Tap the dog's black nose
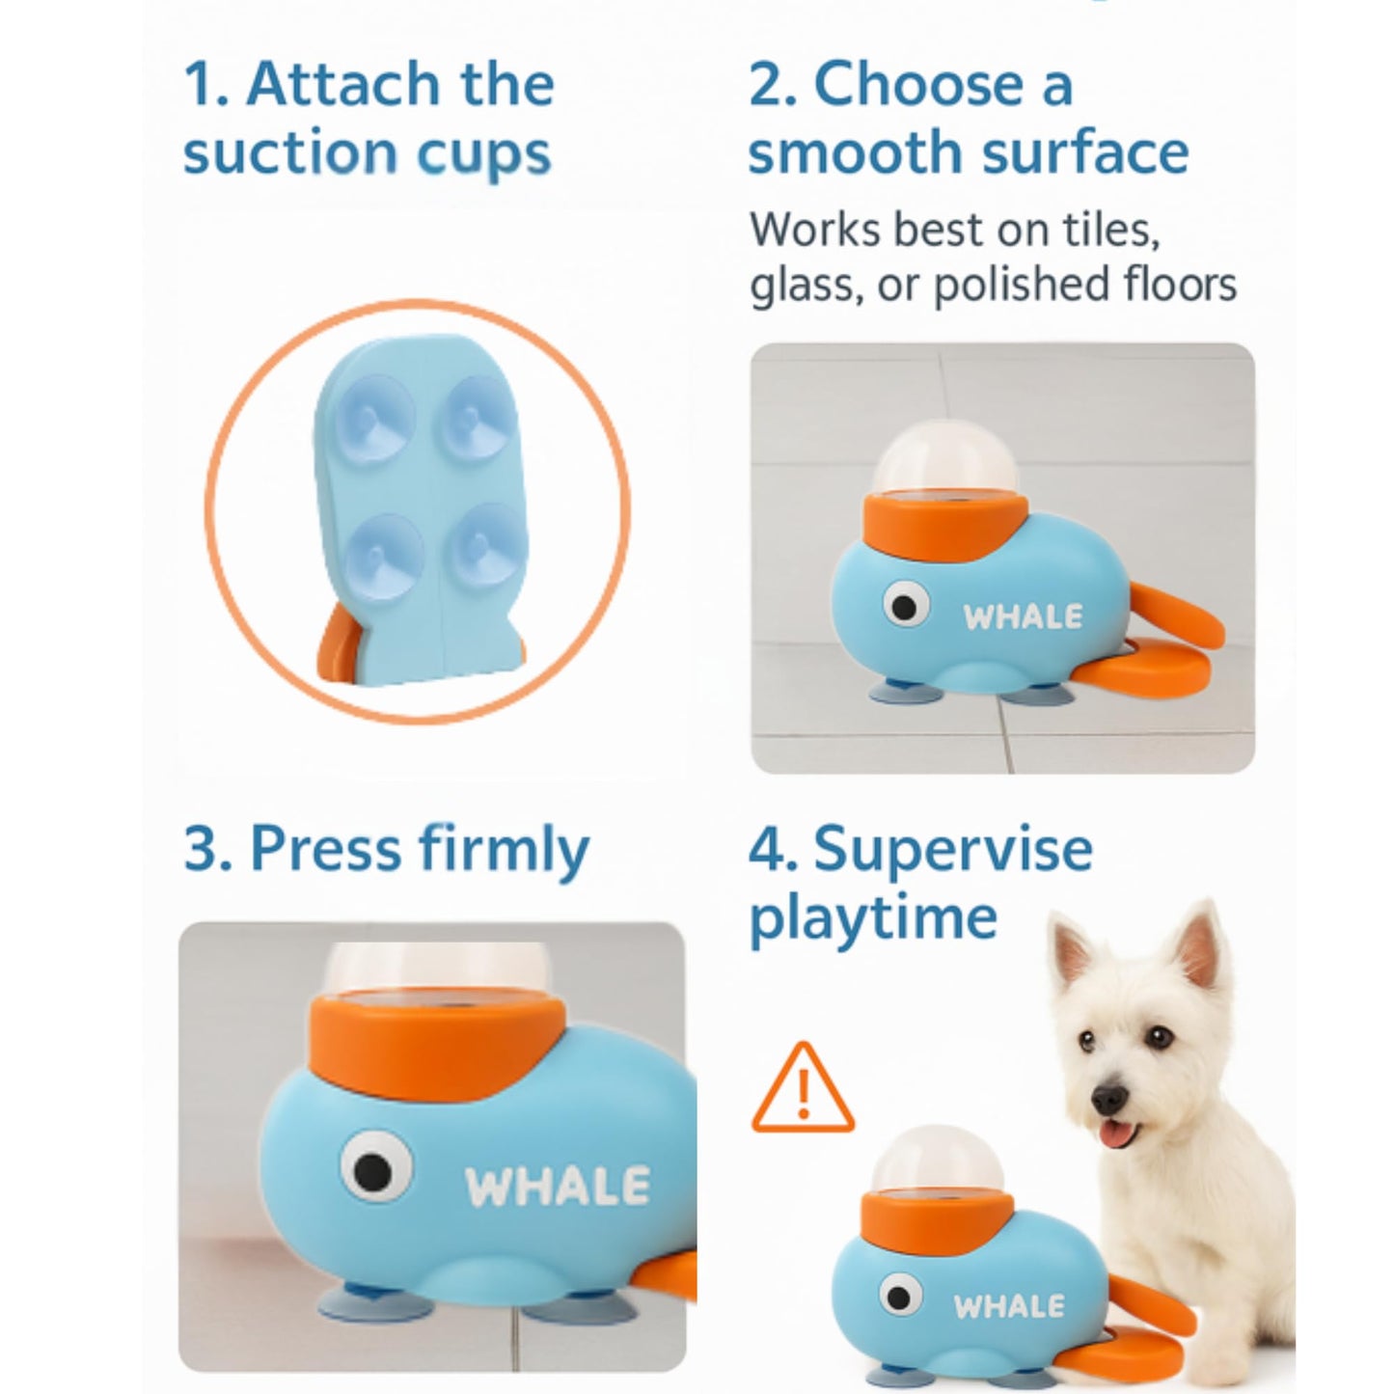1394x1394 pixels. coord(1109,1099)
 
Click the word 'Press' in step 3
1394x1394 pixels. coord(326,849)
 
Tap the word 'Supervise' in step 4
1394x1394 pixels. coord(953,849)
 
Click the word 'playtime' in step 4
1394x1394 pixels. coord(873,917)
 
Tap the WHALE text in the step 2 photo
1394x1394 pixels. coord(1023,616)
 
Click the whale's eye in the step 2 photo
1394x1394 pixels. coord(906,606)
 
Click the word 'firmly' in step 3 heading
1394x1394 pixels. coord(505,852)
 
